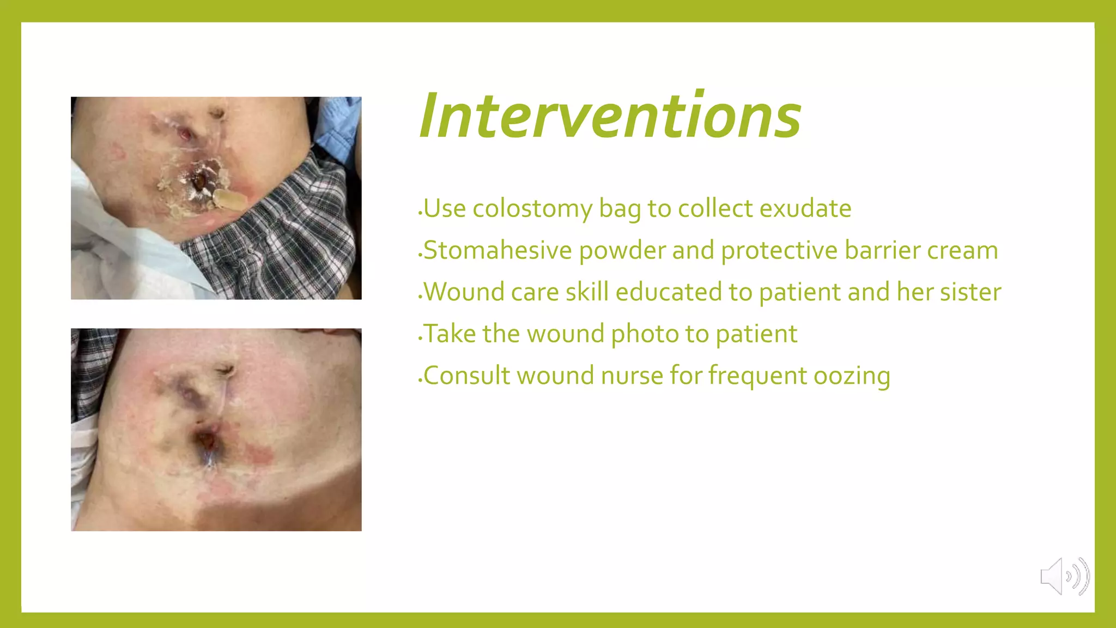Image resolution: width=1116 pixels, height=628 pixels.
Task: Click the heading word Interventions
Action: pyautogui.click(x=610, y=116)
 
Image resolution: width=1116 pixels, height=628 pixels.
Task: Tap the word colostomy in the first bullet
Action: pyautogui.click(x=532, y=209)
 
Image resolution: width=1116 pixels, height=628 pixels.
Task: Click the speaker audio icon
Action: pyautogui.click(x=1064, y=576)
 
